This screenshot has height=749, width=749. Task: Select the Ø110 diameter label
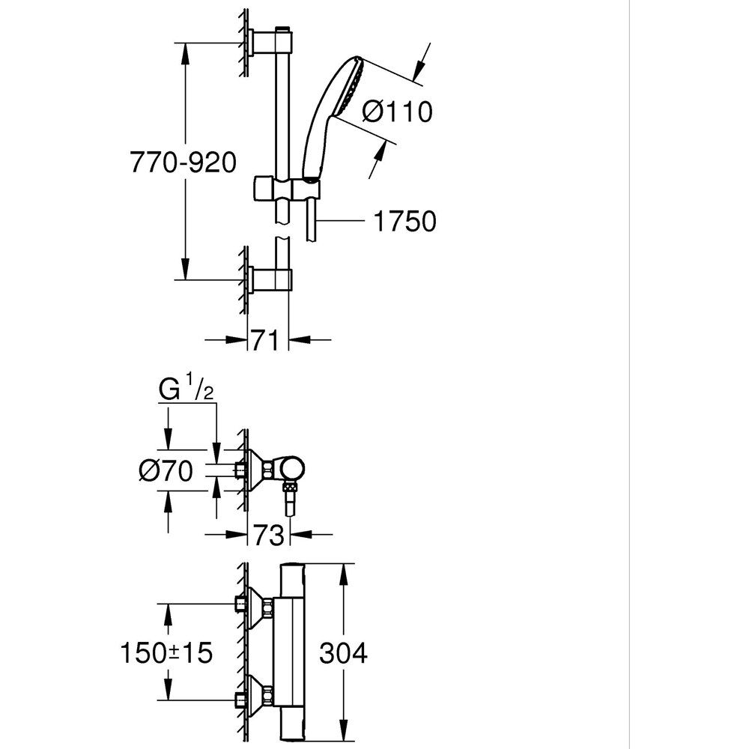(397, 112)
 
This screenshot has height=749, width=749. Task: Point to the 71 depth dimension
(268, 340)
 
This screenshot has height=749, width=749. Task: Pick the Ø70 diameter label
(166, 471)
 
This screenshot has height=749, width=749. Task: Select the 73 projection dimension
(268, 535)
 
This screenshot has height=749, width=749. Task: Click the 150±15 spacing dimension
(166, 653)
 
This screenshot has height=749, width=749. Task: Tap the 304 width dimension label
(343, 653)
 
